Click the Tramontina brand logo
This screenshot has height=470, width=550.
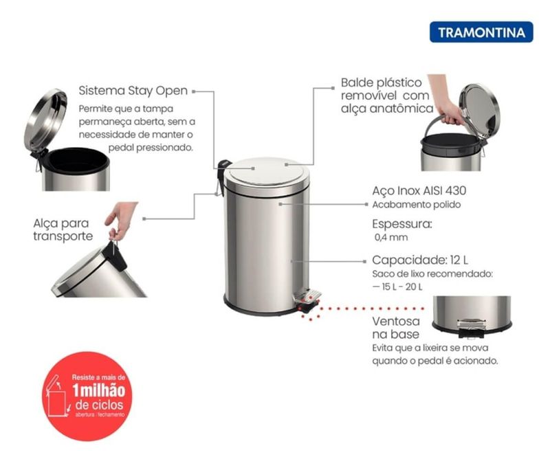coord(481,32)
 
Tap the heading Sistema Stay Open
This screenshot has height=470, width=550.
coord(133,91)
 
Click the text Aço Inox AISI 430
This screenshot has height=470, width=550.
coord(419,190)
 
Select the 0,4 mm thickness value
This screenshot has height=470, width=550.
coord(391,237)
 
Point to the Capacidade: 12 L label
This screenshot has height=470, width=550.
coord(420,260)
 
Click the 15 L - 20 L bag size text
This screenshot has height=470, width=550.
coord(397,287)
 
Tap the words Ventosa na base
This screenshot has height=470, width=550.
coord(396,327)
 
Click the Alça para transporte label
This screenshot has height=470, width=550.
coord(63,230)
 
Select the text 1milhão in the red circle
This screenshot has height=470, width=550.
coord(98,390)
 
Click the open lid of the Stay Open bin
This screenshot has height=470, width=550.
coord(45,119)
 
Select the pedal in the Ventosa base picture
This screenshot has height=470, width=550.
coord(472,328)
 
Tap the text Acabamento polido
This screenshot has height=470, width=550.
coord(417,205)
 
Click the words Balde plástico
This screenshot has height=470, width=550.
coord(382,82)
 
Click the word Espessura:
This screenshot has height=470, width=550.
coord(402,224)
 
